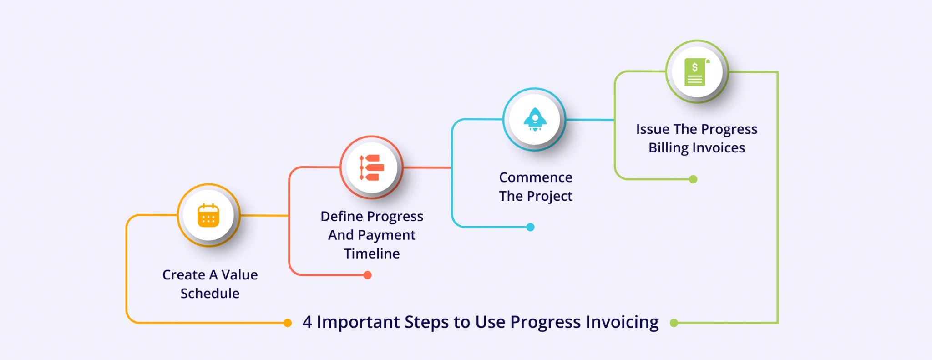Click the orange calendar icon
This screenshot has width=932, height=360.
coord(208,215)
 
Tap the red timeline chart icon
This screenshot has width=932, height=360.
coord(371,167)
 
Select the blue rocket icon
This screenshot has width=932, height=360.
coord(535,119)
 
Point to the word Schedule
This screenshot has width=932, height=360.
coord(210,294)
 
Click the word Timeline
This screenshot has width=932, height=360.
coord(371,254)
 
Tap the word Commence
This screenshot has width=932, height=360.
coord(536,177)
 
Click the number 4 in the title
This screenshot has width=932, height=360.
coord(307,322)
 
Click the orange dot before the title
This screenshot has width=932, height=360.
coord(287,323)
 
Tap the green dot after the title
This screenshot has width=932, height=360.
coord(674,323)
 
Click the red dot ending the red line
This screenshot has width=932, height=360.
coord(368,275)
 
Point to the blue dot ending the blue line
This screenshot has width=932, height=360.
coord(530,227)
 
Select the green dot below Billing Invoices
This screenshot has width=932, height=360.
coord(693,179)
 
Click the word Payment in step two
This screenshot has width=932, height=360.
coord(386,235)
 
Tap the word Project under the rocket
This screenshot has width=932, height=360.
coord(549,196)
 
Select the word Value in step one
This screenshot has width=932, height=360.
coord(239,275)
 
